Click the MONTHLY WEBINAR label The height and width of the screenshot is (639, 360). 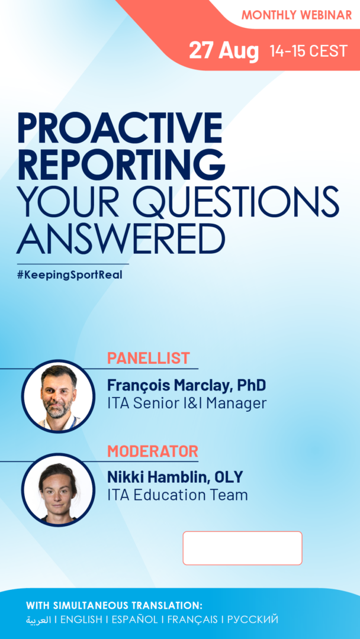click(297, 15)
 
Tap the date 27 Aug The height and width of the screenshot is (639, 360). click(224, 51)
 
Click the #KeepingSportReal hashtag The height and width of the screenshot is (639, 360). click(70, 275)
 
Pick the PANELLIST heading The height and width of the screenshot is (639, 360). click(149, 358)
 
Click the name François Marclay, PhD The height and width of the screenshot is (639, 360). click(187, 385)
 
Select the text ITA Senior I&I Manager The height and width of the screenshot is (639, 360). click(187, 404)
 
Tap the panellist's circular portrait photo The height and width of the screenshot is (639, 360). click(58, 396)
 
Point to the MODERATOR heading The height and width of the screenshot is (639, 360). click(153, 451)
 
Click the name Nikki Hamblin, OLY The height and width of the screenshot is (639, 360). click(175, 476)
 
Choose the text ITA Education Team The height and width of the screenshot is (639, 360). click(178, 495)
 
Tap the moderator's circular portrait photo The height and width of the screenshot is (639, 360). click(58, 490)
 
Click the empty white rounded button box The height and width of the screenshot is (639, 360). click(243, 548)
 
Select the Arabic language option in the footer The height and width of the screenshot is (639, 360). click(38, 620)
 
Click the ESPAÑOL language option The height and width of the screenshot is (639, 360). click(134, 619)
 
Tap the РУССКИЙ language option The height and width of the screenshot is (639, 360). click(253, 619)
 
